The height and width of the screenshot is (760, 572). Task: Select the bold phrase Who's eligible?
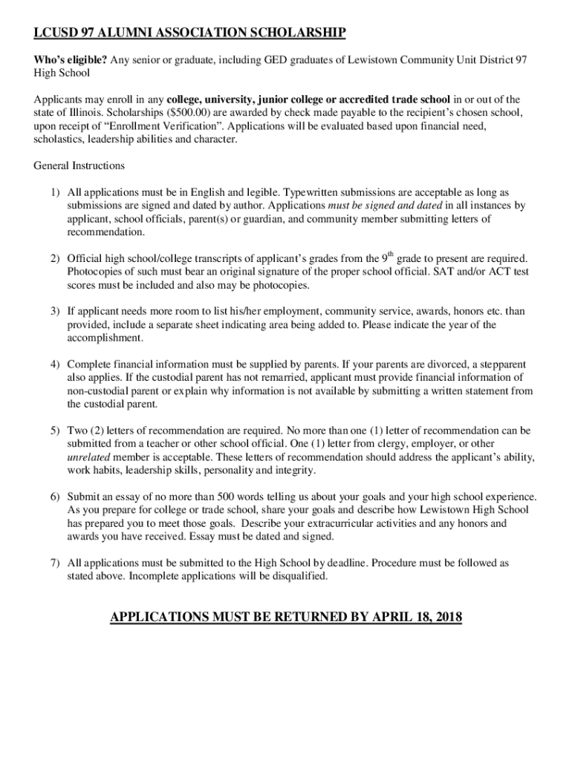(71, 59)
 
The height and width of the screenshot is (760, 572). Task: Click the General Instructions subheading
(79, 166)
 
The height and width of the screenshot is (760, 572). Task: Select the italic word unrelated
(88, 457)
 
